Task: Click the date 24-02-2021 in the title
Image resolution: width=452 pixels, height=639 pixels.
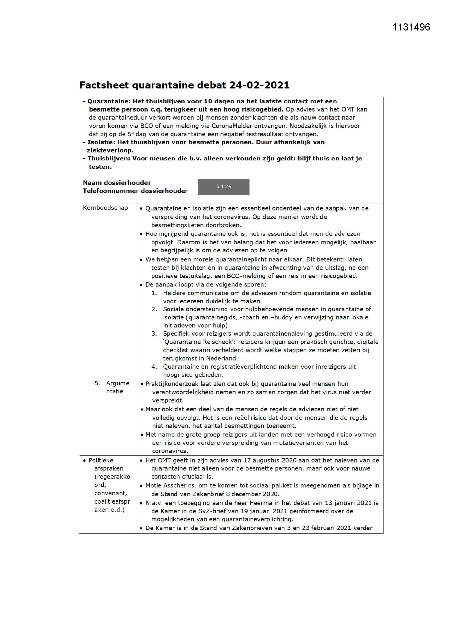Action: tap(259, 85)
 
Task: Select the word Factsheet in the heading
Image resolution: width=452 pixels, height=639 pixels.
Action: tap(104, 85)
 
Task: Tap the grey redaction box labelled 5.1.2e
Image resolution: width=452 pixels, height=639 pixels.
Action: tap(224, 187)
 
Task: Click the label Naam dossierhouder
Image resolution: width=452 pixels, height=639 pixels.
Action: tap(117, 183)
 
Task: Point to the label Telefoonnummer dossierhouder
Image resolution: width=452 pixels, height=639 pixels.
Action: tap(135, 191)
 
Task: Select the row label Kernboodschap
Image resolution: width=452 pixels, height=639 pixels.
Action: tap(105, 208)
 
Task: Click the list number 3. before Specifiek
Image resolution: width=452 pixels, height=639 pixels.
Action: tap(154, 333)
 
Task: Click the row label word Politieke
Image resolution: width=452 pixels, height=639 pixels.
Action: tap(101, 460)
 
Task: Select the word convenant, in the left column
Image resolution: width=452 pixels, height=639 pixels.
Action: tap(110, 493)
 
